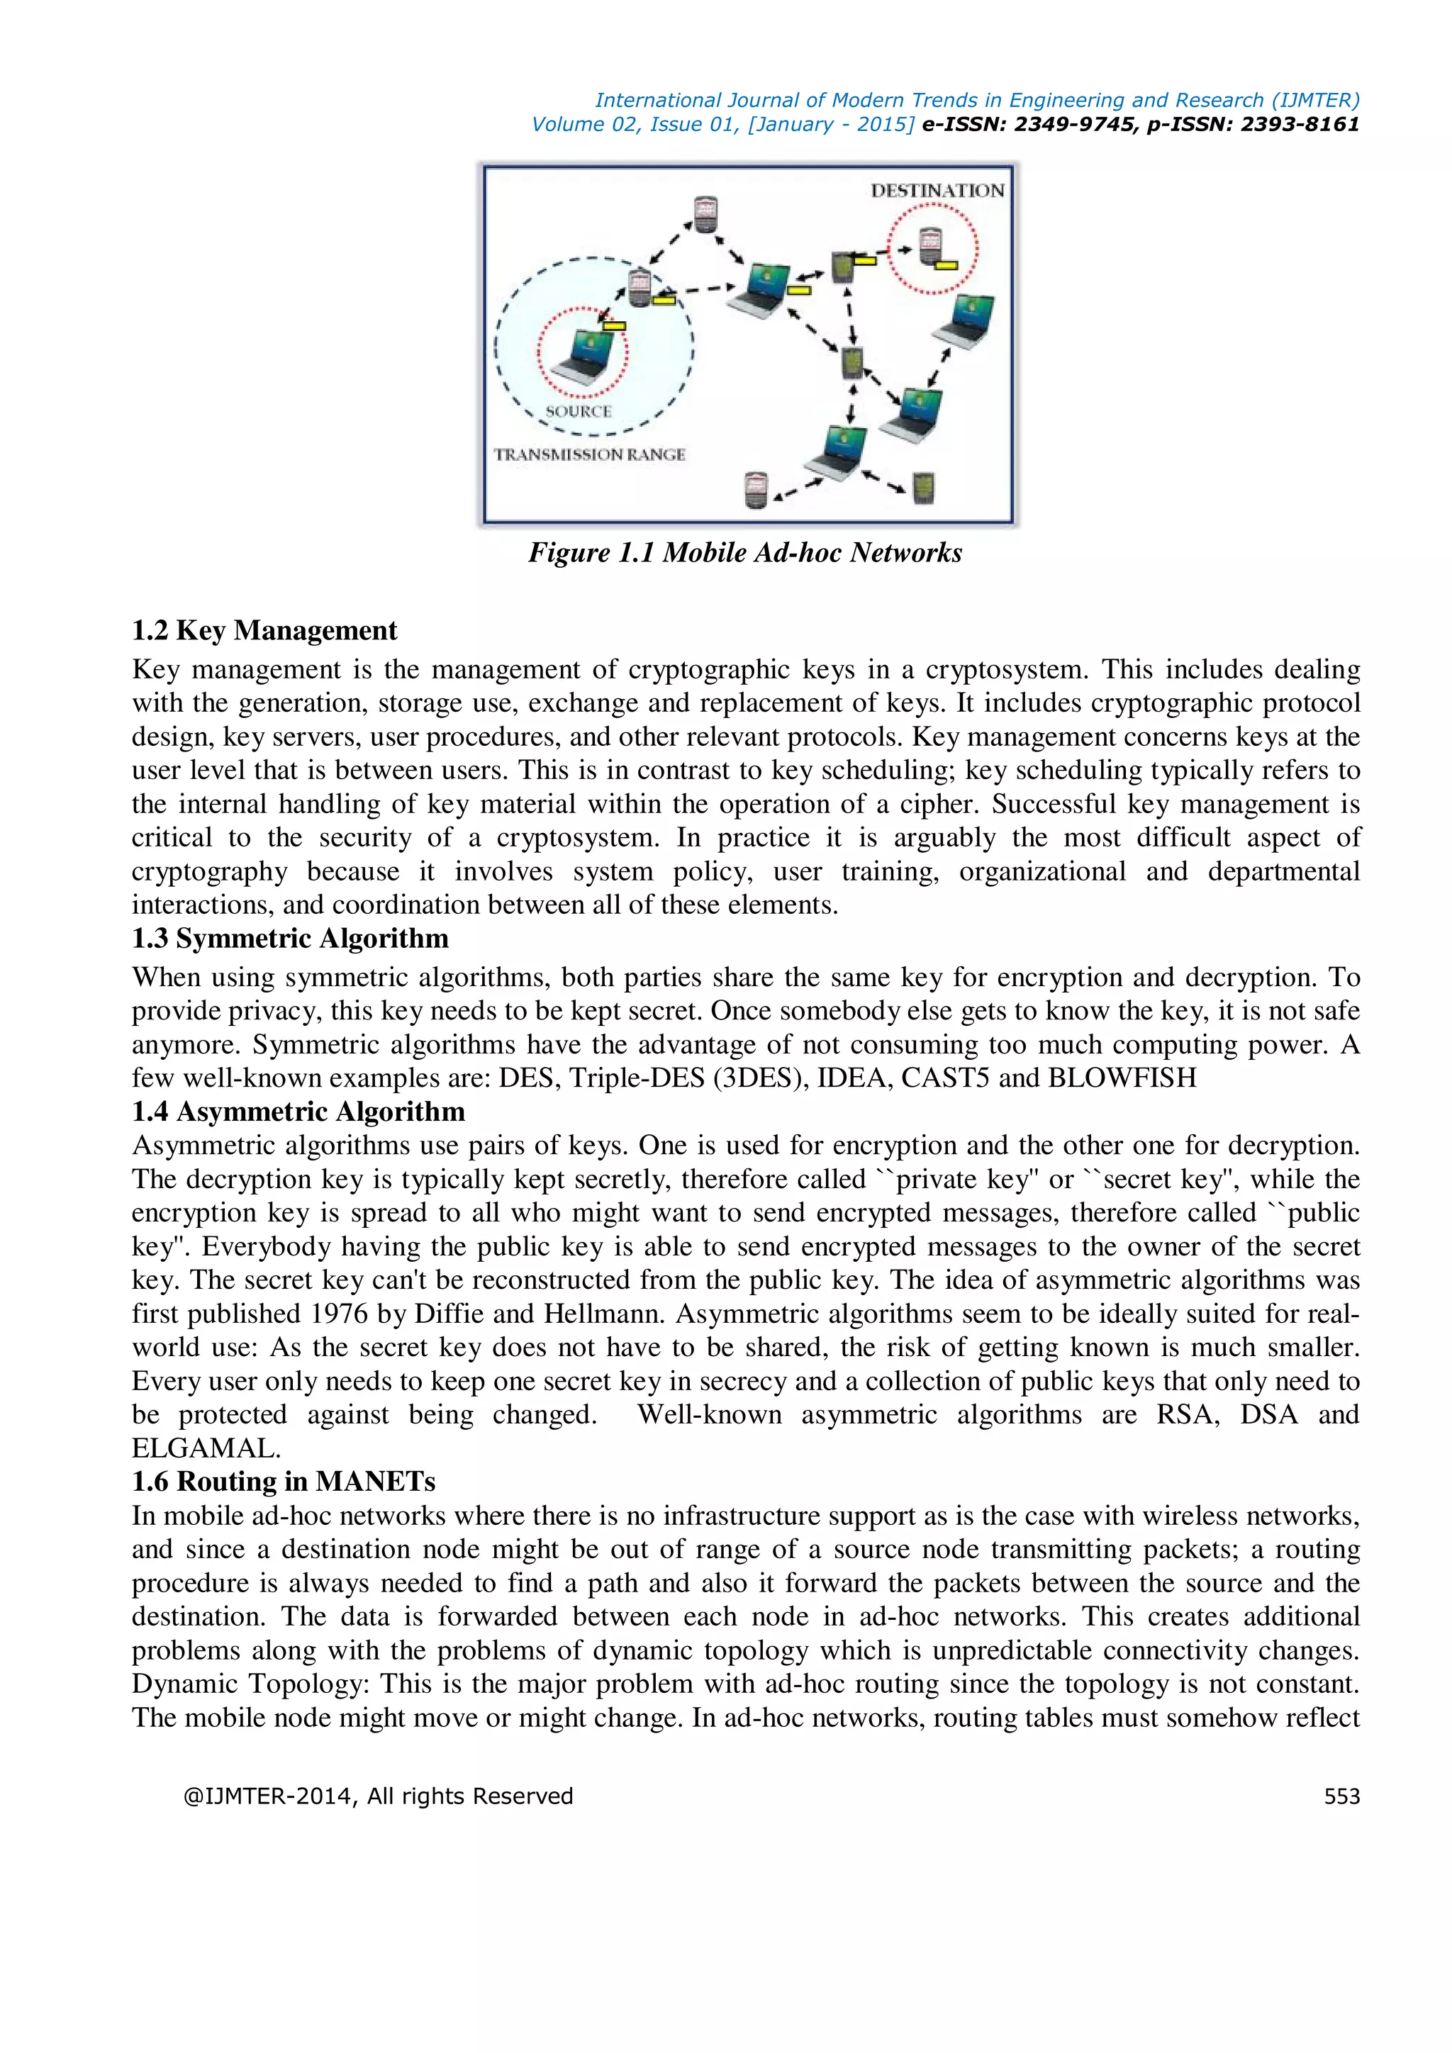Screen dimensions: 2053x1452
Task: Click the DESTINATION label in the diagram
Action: point(937,191)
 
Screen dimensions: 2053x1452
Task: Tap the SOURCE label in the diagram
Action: point(579,411)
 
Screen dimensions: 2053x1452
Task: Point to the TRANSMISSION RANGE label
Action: point(590,454)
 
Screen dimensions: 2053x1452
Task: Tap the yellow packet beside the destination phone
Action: point(946,264)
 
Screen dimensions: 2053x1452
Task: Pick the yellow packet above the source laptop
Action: point(614,325)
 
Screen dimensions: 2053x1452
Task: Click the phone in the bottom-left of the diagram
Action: point(756,489)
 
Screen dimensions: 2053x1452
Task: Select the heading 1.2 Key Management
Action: point(264,630)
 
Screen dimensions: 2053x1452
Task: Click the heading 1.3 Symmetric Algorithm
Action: point(290,938)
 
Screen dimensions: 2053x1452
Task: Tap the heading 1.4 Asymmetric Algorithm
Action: point(298,1112)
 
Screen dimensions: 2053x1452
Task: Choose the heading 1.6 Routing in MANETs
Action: point(284,1482)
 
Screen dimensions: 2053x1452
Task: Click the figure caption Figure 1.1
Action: point(744,552)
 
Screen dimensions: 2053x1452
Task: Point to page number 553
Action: point(1341,1796)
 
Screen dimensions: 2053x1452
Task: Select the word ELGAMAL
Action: point(205,1448)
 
